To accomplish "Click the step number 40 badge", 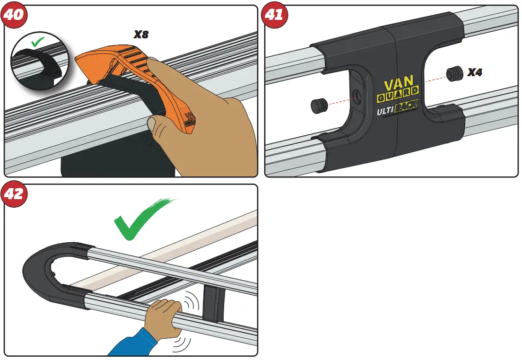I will (x=14, y=15).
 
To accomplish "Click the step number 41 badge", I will (x=274, y=15).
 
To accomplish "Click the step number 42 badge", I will (x=14, y=194).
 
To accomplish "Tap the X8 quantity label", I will (x=141, y=35).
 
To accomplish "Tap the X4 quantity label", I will (x=474, y=72).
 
